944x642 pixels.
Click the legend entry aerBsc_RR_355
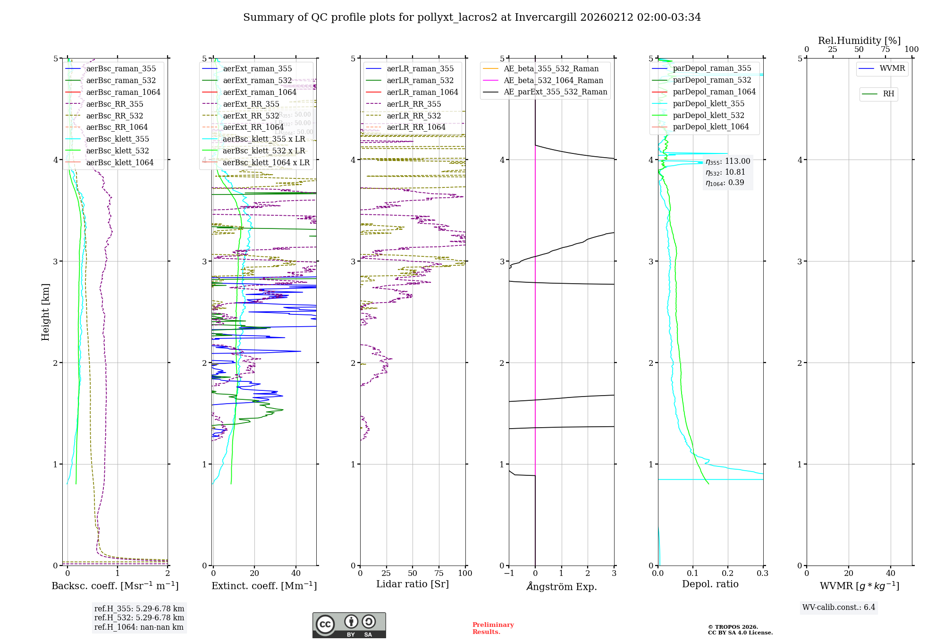pyautogui.click(x=114, y=104)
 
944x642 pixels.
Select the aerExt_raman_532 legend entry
pyautogui.click(x=257, y=80)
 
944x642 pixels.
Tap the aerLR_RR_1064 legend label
pyautogui.click(x=416, y=127)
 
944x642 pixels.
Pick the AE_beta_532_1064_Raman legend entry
pyautogui.click(x=553, y=80)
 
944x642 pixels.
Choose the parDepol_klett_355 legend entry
pyautogui.click(x=708, y=103)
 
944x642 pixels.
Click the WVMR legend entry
pyautogui.click(x=892, y=68)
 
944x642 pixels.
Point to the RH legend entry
pyautogui.click(x=888, y=94)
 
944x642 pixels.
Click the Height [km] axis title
pyautogui.click(x=45, y=312)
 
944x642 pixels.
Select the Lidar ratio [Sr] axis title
pyautogui.click(x=412, y=584)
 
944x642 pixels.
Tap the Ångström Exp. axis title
pyautogui.click(x=561, y=586)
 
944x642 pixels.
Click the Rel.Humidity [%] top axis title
pyautogui.click(x=859, y=41)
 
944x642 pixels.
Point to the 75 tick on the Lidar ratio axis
pyautogui.click(x=439, y=573)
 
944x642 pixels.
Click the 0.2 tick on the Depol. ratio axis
pyautogui.click(x=728, y=573)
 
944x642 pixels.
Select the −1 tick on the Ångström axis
pyautogui.click(x=509, y=573)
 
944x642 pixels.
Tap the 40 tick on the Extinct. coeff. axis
pyautogui.click(x=296, y=573)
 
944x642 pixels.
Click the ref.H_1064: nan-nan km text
pyautogui.click(x=139, y=627)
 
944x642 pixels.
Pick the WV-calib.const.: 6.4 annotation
pyautogui.click(x=839, y=607)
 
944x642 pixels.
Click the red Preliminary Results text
pyautogui.click(x=493, y=628)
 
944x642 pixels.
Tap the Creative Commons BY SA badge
pyautogui.click(x=349, y=625)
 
